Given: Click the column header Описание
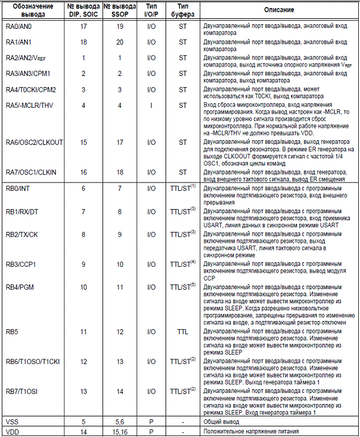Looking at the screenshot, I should coord(278,11).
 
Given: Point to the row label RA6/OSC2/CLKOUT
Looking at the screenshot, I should coord(34,142).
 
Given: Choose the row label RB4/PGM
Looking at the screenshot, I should coord(19,287).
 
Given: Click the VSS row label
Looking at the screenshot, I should coord(12,422).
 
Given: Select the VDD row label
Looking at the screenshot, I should coord(12,432).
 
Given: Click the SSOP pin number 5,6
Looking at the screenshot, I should coord(120,422).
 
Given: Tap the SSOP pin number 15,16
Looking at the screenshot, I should coord(120,432).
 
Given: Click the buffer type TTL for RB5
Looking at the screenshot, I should coord(182,332).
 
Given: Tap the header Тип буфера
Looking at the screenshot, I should coord(182,11).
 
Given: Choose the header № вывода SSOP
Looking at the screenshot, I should coord(120,11).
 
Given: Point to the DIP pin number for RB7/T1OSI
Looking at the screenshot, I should coord(84,392).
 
